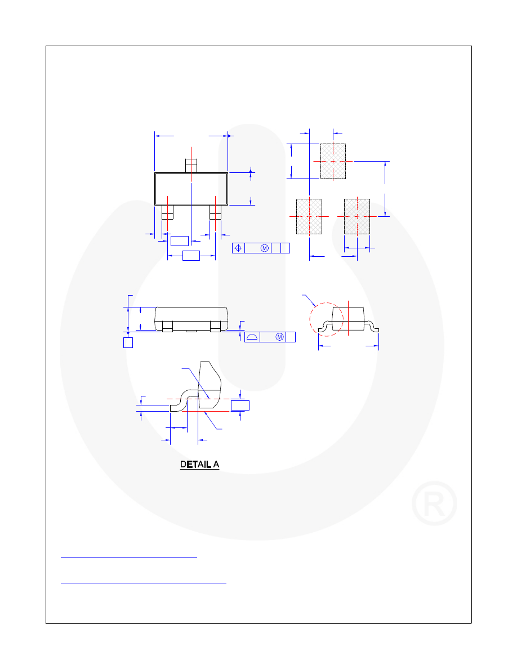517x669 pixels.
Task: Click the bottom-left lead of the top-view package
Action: click(167, 212)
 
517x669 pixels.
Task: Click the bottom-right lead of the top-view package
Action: click(216, 212)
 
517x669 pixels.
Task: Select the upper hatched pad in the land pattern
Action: click(333, 161)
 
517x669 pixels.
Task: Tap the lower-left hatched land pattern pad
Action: click(309, 216)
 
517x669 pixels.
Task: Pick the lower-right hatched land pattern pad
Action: click(356, 216)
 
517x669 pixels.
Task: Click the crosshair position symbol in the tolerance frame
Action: click(239, 248)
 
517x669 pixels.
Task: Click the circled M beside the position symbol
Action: click(264, 248)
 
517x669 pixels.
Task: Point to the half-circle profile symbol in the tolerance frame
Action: click(252, 337)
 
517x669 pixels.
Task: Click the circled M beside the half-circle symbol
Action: click(278, 337)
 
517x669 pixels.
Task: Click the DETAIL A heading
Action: click(199, 465)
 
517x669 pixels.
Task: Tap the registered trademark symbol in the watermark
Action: click(434, 503)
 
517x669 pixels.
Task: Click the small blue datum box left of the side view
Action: click(128, 342)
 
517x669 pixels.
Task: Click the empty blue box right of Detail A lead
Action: click(240, 405)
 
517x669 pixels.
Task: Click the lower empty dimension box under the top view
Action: click(191, 256)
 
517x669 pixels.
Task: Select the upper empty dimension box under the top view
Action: click(179, 241)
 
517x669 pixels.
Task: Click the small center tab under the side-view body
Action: click(191, 331)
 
